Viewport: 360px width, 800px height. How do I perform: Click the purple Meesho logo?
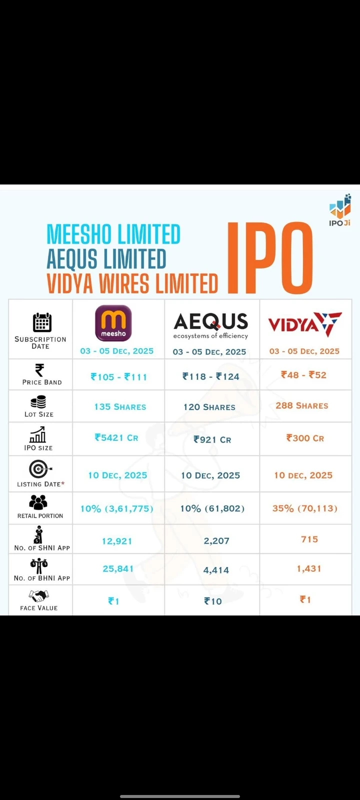coord(113,323)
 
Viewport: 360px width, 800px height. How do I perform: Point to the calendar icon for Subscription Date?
coord(42,322)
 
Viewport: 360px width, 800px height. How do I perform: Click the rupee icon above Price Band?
coord(39,370)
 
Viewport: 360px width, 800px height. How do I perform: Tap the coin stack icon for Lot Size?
coord(38,402)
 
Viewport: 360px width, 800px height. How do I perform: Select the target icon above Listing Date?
coord(39,469)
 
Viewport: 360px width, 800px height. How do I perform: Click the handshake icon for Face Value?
coord(38,595)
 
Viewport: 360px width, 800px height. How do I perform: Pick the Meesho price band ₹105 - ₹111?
coord(119,377)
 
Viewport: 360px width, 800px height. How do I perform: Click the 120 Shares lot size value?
coord(209,407)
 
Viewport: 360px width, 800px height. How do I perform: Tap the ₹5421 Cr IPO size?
coord(116,438)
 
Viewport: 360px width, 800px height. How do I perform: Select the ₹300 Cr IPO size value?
coord(305,438)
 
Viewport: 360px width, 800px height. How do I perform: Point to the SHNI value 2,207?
coord(216,541)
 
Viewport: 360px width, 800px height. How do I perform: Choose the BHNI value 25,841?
coord(118,568)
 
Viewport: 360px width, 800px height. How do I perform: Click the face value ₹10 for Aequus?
coord(213,601)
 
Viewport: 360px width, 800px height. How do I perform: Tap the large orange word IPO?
coord(270,258)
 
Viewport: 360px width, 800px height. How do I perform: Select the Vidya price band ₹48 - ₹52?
coord(303,375)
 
